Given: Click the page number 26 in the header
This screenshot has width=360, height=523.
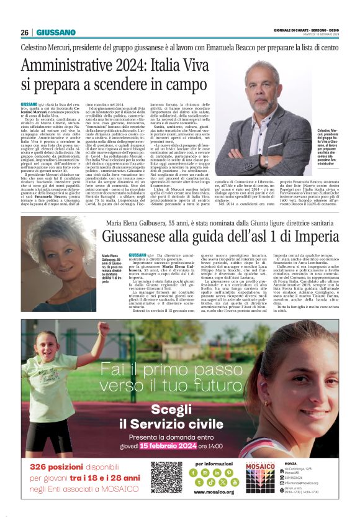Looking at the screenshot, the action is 24,32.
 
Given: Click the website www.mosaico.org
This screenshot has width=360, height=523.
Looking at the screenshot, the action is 214,492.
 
